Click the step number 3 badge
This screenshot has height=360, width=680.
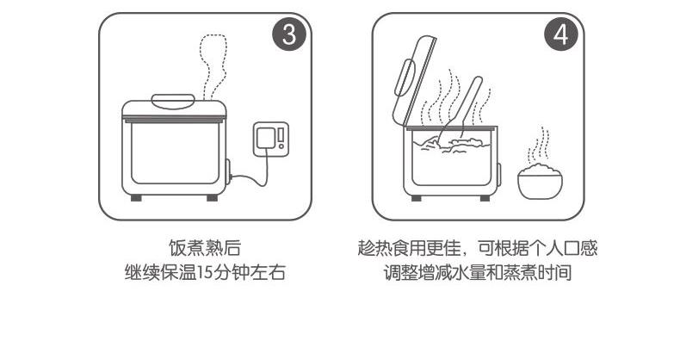(x=289, y=34)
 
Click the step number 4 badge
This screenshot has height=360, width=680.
(x=561, y=34)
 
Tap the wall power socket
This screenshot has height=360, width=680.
(x=270, y=139)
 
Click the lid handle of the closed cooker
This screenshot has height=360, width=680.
(x=173, y=101)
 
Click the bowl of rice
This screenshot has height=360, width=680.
(x=540, y=182)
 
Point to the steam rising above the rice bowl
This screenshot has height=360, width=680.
(x=539, y=146)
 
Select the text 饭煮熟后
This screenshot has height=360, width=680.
(x=205, y=248)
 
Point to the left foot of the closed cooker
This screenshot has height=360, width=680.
(x=136, y=197)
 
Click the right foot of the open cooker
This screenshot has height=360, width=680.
(x=485, y=198)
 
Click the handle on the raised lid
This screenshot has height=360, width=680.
(x=403, y=78)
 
